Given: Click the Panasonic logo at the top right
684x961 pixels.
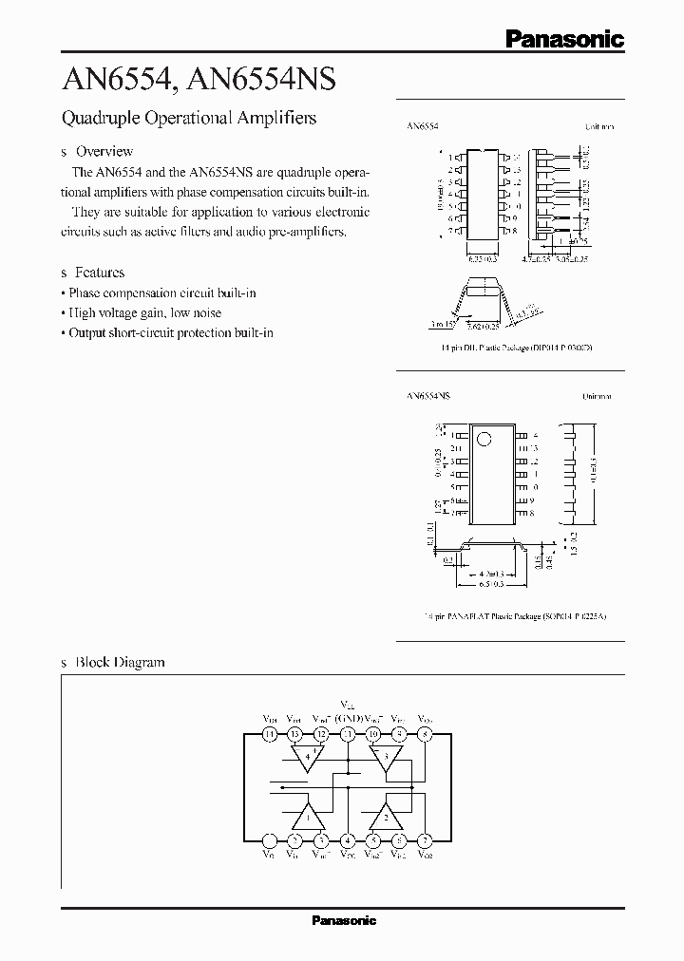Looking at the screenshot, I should [563, 39].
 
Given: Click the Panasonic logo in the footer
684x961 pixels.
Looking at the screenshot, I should [344, 920].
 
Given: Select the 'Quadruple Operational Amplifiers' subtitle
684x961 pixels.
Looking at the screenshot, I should [188, 119].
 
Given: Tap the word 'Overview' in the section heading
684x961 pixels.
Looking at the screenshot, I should [104, 151].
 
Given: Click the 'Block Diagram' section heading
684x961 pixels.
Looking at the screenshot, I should [120, 662].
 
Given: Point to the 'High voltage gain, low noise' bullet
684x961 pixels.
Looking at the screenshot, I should [142, 312].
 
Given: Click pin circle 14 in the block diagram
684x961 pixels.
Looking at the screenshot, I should [271, 734].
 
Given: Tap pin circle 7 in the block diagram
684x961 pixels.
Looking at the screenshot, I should [426, 839].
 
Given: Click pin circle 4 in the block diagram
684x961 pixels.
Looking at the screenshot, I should [348, 839].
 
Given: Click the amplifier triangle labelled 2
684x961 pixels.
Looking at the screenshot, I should [386, 817].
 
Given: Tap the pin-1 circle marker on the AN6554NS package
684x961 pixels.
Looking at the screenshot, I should [484, 440].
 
